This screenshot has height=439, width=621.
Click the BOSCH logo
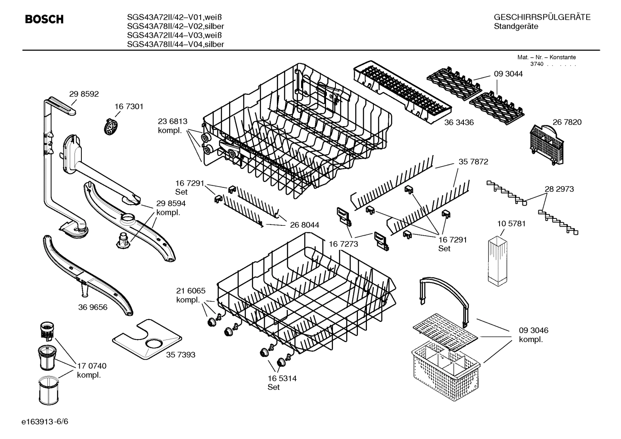(44, 19)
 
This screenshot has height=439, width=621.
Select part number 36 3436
(459, 122)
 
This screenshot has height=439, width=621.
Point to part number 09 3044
(508, 74)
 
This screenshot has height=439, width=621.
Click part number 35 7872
(473, 162)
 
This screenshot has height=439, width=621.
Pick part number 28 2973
(559, 189)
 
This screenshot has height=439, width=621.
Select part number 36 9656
(93, 307)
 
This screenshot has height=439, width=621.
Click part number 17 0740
(91, 366)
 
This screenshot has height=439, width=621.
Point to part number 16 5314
(282, 378)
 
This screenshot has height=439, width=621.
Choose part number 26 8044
(304, 225)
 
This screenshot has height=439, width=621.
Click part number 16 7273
(343, 244)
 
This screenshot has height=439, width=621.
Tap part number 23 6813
(173, 122)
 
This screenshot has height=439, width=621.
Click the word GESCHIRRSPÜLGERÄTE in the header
(542, 18)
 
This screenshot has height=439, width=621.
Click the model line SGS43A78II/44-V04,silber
(175, 44)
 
